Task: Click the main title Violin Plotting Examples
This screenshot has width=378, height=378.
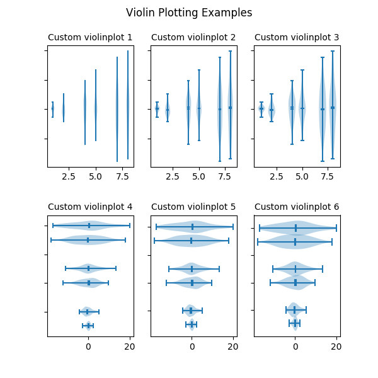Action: pos(189,13)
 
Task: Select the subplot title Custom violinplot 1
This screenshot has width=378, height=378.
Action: pos(90,38)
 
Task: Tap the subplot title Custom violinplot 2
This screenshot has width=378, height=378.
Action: pos(193,38)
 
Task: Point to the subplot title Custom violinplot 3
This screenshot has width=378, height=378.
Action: pos(297,38)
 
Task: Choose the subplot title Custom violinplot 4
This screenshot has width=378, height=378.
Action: pos(90,207)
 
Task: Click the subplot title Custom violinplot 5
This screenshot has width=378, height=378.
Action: pos(193,207)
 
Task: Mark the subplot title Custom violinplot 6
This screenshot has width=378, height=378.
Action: pos(297,207)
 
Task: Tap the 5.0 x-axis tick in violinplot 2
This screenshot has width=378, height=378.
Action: pos(198,178)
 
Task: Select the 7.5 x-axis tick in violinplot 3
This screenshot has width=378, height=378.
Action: pos(328,178)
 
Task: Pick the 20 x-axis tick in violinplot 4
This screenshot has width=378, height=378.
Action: pos(130,346)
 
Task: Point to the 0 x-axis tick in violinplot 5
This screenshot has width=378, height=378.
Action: pos(192,346)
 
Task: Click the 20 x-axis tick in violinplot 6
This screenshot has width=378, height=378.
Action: pos(336,346)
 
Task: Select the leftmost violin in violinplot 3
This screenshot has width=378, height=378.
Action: pos(261,108)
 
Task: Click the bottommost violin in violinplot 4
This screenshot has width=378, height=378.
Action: pos(89,326)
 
